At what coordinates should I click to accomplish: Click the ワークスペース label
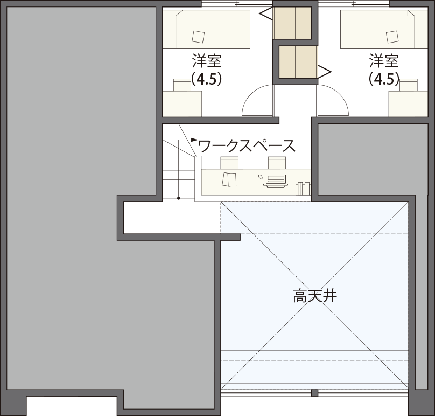point(247,145)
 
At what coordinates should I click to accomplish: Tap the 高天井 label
point(315,296)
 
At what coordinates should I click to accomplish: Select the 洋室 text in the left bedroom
point(207,60)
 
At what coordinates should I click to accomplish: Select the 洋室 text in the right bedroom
point(384,60)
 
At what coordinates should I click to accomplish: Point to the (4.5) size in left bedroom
point(207,79)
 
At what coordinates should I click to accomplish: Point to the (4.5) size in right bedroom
point(384,79)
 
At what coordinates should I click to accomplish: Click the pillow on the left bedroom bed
point(198,36)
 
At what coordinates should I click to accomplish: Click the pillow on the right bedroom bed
point(392,36)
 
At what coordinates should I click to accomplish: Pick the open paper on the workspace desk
point(229,179)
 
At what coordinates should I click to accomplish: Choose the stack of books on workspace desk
point(303,189)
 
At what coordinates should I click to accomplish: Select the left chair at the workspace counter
point(229,162)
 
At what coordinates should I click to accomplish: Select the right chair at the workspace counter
point(277,162)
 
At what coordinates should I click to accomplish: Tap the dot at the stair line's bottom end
point(179,198)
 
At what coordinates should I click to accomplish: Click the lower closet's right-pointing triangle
point(325,70)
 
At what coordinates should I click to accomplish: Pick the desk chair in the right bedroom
point(409,85)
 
